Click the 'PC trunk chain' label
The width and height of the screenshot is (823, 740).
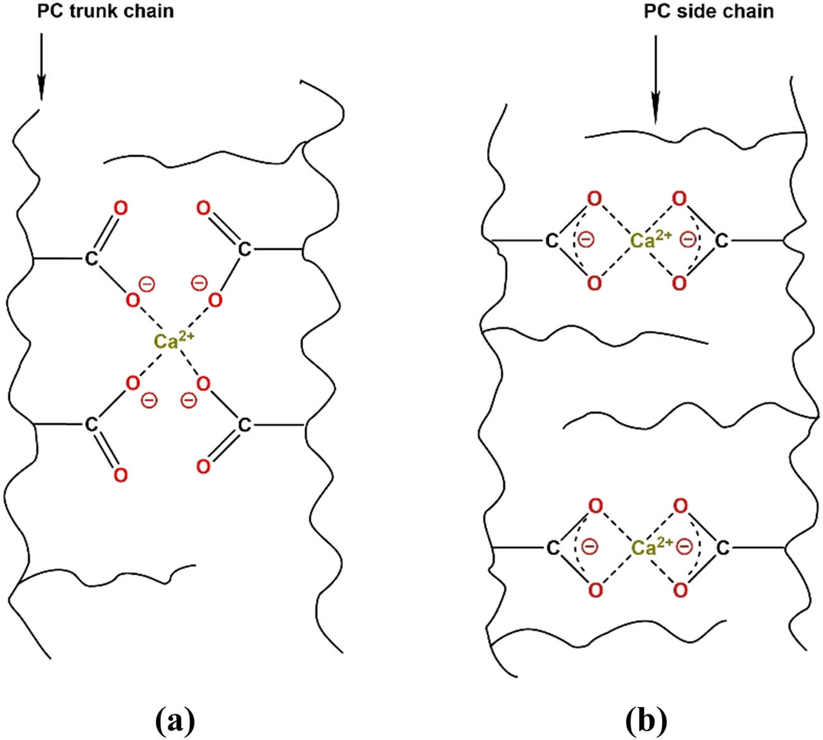(x=106, y=11)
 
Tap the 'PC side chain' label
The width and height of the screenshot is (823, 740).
(x=708, y=11)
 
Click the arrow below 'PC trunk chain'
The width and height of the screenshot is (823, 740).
(x=41, y=67)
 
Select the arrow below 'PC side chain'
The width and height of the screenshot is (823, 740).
(x=655, y=80)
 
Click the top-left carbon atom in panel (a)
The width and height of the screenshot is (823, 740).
(x=91, y=258)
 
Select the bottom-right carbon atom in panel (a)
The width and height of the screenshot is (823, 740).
(x=244, y=425)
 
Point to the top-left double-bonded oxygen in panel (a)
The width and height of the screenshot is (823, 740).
(x=121, y=208)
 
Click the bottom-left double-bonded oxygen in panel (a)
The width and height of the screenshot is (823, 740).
(x=121, y=475)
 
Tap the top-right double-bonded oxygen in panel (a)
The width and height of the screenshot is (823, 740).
(x=203, y=208)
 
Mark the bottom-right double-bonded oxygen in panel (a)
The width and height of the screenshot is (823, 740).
(x=203, y=466)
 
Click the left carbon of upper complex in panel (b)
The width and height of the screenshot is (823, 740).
(x=551, y=241)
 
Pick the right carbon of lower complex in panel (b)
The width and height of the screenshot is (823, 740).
(x=722, y=548)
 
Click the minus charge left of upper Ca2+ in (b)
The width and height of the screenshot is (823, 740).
(x=586, y=239)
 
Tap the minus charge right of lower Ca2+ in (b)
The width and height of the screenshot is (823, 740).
(x=685, y=546)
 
